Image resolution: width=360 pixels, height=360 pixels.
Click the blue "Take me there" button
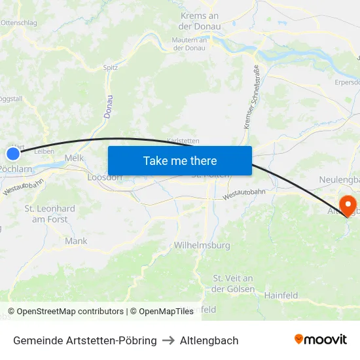180,160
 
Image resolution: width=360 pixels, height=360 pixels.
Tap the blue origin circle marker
13,154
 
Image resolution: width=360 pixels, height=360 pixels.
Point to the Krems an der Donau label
199,21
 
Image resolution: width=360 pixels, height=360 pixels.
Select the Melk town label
74,158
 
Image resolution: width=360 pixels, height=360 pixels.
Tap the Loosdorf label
105,177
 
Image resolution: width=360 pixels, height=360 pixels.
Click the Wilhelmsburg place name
202,245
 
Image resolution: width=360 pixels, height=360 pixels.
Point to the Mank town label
76,241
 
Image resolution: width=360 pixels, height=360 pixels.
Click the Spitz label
111,67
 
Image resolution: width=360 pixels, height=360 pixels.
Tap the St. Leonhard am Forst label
50,214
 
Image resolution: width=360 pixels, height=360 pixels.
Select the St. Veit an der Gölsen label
233,284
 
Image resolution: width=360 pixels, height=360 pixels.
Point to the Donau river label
109,106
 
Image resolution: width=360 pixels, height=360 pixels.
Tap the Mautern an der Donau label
189,44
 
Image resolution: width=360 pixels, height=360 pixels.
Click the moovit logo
321,339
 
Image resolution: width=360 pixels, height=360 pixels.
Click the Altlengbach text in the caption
209,340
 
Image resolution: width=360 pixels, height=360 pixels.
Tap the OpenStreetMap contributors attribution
65,312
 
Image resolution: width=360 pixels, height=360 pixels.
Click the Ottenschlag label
20,22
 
